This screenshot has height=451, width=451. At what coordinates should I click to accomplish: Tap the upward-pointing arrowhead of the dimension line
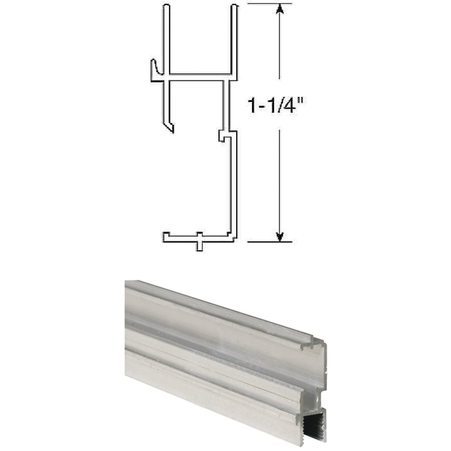coord(279,9)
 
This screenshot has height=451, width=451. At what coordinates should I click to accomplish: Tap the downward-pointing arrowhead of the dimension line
coord(279,236)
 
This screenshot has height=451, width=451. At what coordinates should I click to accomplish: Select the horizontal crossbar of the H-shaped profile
coord(199,77)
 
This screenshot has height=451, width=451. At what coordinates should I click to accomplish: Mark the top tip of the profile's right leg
coord(235,8)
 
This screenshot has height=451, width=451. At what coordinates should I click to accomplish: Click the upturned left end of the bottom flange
coord(166,236)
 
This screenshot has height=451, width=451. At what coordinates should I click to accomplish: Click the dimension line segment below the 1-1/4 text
coord(279,180)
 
